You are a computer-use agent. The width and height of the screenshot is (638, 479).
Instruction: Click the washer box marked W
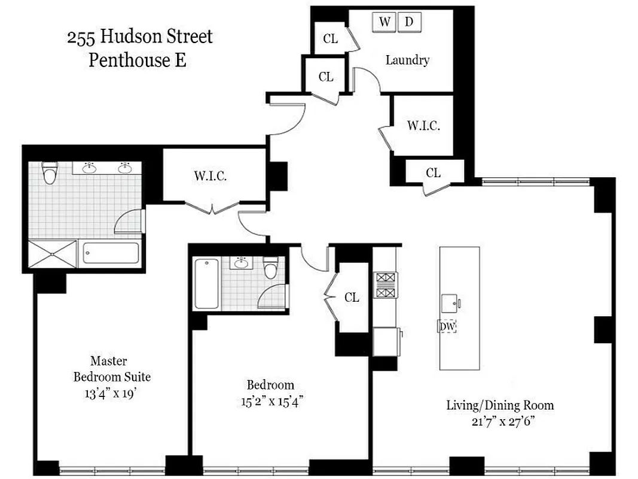tap(385, 22)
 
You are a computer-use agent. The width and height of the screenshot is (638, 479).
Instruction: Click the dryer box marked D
tap(409, 22)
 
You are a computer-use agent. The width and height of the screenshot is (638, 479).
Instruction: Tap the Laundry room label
tap(407, 60)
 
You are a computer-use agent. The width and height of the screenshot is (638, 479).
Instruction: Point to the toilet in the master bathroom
tap(50, 174)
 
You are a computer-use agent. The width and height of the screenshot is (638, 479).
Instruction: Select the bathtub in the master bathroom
tap(111, 253)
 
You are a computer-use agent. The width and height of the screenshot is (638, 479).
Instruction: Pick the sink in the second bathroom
tap(242, 263)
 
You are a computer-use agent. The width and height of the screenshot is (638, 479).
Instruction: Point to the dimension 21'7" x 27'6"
tap(499, 421)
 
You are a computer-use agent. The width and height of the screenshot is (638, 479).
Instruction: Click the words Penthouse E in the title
tap(138, 60)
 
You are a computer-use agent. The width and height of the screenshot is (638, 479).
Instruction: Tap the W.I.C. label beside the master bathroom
tap(210, 176)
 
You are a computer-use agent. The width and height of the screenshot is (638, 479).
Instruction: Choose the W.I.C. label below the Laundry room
tap(423, 126)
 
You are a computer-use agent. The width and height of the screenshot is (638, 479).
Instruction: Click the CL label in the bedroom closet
tap(352, 297)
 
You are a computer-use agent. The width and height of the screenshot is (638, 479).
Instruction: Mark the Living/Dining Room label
tap(500, 405)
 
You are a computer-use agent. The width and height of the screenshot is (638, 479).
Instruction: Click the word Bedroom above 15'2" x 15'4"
tap(270, 385)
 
